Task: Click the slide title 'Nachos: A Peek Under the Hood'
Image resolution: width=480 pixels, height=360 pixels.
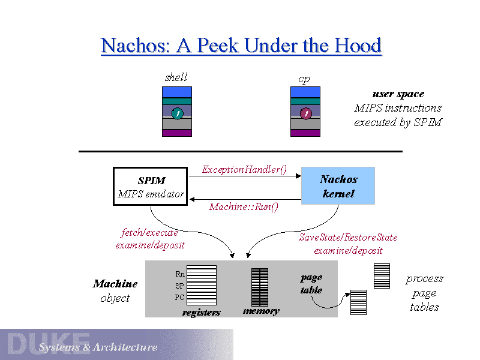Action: [241, 46]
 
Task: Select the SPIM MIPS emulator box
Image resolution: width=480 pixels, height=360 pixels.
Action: [151, 187]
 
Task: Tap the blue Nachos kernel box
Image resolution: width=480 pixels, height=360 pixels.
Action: [338, 186]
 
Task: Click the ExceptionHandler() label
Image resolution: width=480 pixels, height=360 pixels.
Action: [244, 170]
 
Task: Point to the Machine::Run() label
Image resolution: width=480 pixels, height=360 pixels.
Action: [244, 207]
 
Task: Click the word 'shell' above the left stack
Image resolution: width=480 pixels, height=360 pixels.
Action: [176, 77]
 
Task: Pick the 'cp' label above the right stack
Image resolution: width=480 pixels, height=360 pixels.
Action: [304, 79]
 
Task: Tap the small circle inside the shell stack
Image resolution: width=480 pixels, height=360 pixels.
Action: [177, 113]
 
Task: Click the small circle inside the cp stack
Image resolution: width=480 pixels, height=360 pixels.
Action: [306, 113]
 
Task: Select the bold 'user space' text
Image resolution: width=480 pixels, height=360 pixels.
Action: [398, 94]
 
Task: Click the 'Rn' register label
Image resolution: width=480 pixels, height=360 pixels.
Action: [180, 274]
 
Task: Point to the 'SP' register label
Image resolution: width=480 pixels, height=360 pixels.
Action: [179, 286]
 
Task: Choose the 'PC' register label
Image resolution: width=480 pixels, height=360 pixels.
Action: [179, 297]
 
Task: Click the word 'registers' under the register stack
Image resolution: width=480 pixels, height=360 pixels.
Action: [202, 313]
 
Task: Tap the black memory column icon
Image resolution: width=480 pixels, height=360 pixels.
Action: [260, 287]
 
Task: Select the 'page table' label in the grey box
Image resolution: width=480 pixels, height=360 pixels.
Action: [311, 284]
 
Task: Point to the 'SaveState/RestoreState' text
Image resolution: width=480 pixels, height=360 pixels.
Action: [348, 238]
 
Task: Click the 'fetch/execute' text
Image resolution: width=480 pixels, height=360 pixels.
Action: [149, 233]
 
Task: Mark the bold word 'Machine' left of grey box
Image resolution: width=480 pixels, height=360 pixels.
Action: [115, 284]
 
